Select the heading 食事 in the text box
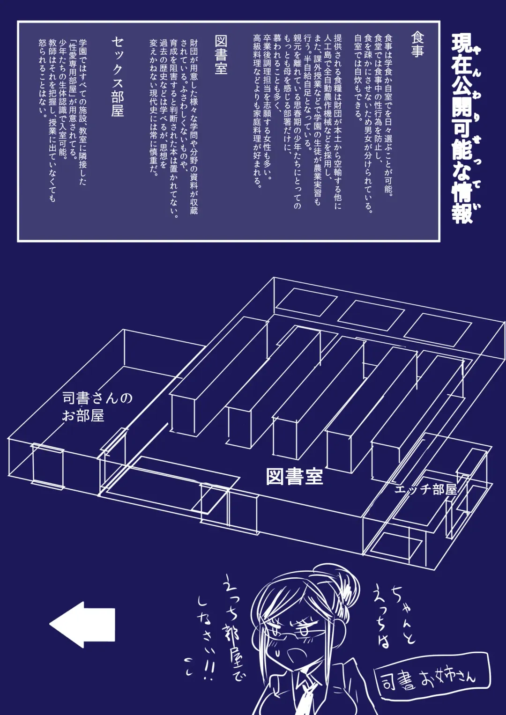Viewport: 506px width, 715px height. tap(417, 44)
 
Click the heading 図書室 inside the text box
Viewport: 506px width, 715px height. tap(221, 55)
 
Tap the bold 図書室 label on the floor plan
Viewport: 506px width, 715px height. tap(294, 477)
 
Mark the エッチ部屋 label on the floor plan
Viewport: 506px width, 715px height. tap(425, 489)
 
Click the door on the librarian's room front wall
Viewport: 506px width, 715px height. tap(47, 466)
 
